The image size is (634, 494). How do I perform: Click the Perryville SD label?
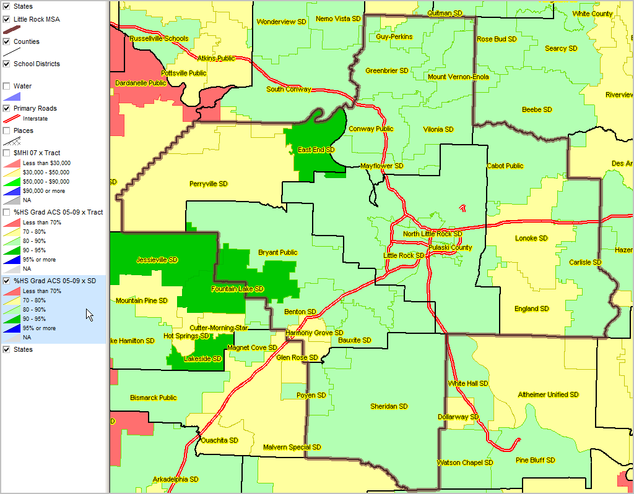[x=208, y=184]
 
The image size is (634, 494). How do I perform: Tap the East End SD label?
[x=316, y=150]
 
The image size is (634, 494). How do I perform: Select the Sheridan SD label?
[x=389, y=406]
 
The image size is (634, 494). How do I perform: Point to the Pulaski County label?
[x=450, y=247]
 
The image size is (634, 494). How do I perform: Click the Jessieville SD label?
[x=157, y=260]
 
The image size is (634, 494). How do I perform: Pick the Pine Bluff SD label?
[x=536, y=460]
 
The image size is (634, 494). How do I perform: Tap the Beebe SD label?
[x=537, y=109]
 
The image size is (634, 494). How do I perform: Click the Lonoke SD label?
[x=531, y=238]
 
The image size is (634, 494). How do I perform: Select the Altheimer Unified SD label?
[x=548, y=394]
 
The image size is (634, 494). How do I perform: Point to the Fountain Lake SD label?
[x=237, y=289]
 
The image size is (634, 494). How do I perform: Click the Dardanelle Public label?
[x=141, y=82]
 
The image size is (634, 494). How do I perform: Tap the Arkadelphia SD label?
[x=175, y=479]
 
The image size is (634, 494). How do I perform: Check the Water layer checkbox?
[x=7, y=86]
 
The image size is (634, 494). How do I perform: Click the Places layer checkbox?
[x=7, y=130]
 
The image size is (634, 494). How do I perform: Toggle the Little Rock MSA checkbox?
[x=7, y=19]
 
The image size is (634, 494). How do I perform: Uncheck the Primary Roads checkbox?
[x=7, y=108]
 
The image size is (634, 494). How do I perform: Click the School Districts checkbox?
[x=7, y=64]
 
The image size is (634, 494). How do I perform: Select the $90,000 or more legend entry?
[x=42, y=191]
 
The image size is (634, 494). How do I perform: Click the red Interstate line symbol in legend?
[x=11, y=118]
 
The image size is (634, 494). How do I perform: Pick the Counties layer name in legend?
[x=27, y=41]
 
